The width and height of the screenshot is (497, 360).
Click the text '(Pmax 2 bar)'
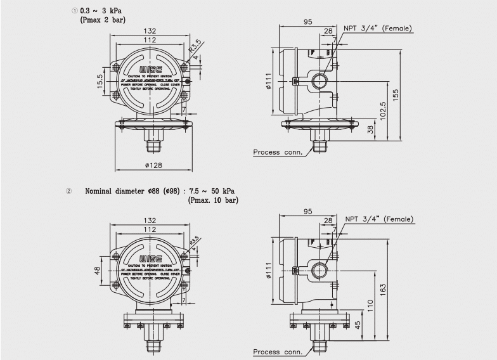click(103, 20)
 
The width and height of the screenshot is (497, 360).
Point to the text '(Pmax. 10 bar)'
click(214, 200)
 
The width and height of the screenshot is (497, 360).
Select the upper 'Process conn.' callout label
click(278, 152)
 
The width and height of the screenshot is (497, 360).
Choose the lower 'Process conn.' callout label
click(278, 352)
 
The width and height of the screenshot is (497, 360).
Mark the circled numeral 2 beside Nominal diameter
click(68, 191)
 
